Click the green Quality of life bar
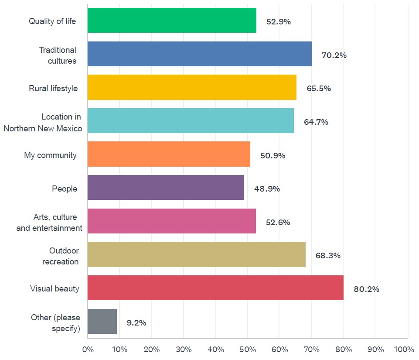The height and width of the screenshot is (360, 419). click(172, 20)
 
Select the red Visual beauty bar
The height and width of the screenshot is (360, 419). click(215, 288)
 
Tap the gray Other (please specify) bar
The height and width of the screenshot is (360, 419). click(102, 322)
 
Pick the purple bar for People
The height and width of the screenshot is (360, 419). click(166, 188)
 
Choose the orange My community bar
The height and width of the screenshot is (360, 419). click(169, 154)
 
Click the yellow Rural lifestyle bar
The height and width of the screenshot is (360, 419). click(192, 87)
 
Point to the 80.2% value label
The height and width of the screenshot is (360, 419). click(366, 289)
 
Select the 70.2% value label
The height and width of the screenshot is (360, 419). click(334, 55)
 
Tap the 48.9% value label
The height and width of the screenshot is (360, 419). click(267, 189)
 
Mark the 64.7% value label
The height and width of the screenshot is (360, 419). click(316, 122)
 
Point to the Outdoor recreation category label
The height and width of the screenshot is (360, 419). click(61, 256)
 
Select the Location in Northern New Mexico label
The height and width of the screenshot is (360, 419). click(43, 123)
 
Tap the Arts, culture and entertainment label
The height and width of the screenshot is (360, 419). click(49, 223)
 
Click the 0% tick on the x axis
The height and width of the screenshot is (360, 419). click(88, 350)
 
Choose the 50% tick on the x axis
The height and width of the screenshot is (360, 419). click(248, 350)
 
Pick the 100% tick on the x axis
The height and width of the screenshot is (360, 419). click(404, 350)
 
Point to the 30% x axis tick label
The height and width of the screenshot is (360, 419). click(184, 350)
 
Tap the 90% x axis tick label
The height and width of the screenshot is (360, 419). click(375, 350)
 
